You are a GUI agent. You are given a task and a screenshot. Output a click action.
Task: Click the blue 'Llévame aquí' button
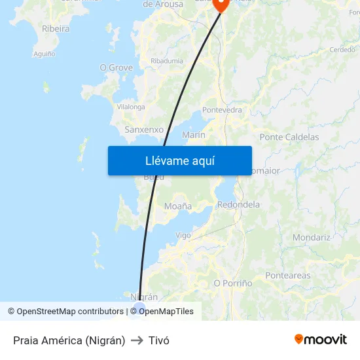[180, 160]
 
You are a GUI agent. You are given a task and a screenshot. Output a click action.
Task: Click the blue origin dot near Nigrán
[139, 308]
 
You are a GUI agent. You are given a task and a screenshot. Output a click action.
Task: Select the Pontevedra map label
[223, 110]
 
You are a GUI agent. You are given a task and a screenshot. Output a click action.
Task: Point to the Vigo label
[183, 235]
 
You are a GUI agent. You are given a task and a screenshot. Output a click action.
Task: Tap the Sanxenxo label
[144, 130]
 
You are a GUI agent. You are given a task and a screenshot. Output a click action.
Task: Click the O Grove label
[116, 67]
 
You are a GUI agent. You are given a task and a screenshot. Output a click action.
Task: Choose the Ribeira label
[56, 28]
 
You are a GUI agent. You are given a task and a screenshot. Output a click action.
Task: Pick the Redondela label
[238, 204]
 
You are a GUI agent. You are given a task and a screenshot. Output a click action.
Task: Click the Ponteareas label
[288, 276]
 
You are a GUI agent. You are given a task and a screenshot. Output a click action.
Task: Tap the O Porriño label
[233, 283]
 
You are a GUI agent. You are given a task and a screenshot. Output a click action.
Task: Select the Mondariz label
[312, 238]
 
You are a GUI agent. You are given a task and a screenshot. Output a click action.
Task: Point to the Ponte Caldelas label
[289, 137]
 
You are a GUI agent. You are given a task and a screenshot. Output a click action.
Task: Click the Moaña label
[178, 206]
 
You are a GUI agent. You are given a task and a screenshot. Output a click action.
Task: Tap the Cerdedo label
[342, 50]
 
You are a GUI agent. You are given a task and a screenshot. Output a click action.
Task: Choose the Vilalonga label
[131, 107]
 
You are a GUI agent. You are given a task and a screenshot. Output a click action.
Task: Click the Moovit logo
[320, 340]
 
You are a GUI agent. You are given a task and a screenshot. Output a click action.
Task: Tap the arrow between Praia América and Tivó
[137, 340]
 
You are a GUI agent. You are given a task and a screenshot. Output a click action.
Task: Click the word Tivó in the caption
[159, 340]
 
